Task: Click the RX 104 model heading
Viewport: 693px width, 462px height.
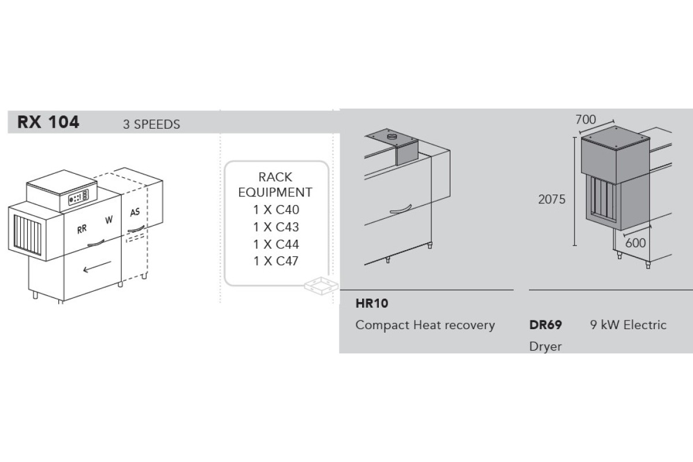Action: point(49,122)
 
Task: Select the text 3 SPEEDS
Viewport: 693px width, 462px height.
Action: point(151,124)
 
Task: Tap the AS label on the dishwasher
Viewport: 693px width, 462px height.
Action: point(135,213)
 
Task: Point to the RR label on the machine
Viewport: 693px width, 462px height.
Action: point(82,229)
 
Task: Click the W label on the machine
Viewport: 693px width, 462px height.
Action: point(109,219)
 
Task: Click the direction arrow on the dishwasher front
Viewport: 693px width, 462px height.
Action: point(97,267)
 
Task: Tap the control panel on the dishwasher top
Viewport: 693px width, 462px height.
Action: point(79,197)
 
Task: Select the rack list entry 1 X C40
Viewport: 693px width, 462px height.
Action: point(276,210)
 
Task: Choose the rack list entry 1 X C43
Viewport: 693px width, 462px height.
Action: point(276,227)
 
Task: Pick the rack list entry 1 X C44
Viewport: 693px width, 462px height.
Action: point(276,244)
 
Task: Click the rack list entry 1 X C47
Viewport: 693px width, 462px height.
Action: point(276,261)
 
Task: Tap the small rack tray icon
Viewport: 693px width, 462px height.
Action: point(322,286)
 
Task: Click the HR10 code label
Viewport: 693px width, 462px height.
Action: point(372,304)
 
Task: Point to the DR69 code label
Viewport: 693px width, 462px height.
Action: point(545,325)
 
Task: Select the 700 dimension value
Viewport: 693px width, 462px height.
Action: point(586,120)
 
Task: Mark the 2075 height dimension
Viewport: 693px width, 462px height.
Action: point(552,200)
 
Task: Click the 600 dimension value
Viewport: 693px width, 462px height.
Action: point(635,243)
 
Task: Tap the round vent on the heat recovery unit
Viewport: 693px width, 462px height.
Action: point(392,136)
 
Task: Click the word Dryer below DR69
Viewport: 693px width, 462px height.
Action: point(545,347)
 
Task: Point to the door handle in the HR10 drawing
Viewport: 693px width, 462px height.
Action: point(401,210)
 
